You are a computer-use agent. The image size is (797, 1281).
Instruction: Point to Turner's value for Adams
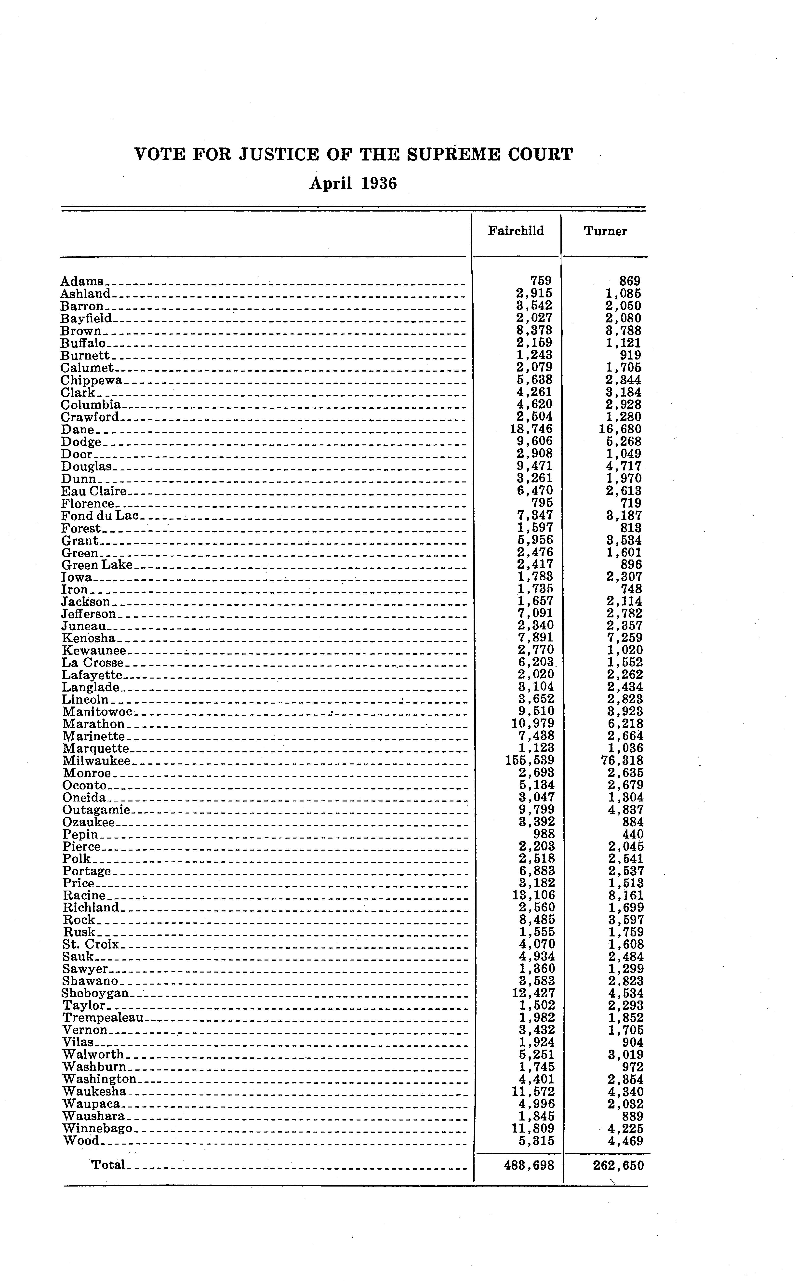(630, 281)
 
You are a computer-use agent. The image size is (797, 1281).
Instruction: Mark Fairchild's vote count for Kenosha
(536, 638)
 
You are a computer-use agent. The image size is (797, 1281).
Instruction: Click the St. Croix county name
(91, 944)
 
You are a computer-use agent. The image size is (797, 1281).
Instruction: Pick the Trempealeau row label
(103, 1017)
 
